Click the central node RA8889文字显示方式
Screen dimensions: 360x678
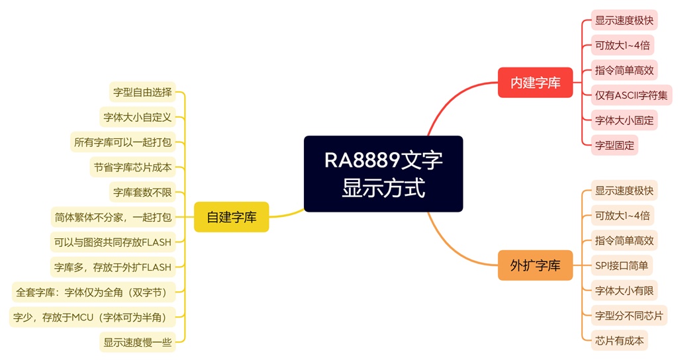[383, 173]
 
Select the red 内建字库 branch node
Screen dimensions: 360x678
[535, 83]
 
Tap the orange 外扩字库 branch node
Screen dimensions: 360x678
[535, 265]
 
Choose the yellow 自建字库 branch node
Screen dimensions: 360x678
[231, 216]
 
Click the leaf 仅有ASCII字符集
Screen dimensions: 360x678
[631, 95]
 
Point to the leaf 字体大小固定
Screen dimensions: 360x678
[624, 120]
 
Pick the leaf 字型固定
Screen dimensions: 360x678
[614, 145]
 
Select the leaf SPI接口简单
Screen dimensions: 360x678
[622, 266]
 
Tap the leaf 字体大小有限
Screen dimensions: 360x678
[624, 291]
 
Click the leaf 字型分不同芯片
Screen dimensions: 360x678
[628, 316]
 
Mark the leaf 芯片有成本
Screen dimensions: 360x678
[619, 340]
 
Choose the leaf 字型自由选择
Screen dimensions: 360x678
[142, 92]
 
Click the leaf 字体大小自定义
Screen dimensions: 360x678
[138, 117]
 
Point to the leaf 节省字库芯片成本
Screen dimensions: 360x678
[132, 167]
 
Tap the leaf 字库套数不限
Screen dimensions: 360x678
[142, 192]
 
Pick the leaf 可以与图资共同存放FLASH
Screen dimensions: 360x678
[113, 242]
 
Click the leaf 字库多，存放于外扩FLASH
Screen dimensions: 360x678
[113, 267]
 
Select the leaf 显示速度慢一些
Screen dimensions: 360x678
[138, 341]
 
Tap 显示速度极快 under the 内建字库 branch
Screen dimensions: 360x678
[624, 21]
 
